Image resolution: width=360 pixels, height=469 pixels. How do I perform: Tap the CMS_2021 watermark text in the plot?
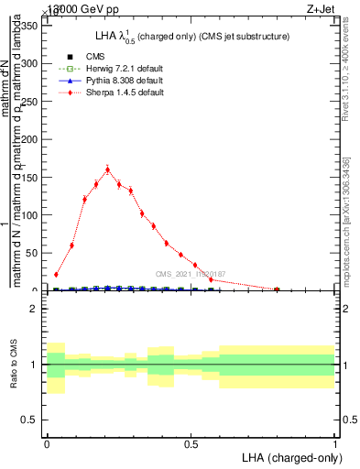click(x=191, y=274)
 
